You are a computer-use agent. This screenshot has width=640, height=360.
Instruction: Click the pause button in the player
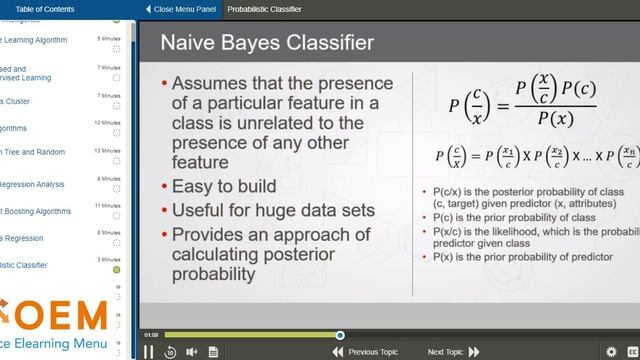[x=149, y=351]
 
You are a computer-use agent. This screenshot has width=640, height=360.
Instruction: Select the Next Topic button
[x=453, y=352]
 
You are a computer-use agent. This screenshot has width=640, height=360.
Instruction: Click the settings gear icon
[x=611, y=351]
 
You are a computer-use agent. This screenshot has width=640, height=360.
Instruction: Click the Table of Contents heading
[x=45, y=9]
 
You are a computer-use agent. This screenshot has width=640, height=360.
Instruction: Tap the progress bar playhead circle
[x=340, y=335]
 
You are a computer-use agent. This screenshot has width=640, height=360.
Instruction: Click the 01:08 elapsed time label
[x=151, y=335]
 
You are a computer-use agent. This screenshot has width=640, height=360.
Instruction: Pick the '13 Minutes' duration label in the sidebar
[x=107, y=151]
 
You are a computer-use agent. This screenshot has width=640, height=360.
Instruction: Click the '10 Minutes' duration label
[x=107, y=123]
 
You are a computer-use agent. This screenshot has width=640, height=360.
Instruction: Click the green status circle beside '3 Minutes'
[x=116, y=270]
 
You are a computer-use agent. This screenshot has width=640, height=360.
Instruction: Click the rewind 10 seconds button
[x=170, y=351]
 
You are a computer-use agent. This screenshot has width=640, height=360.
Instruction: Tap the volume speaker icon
[x=191, y=351]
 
